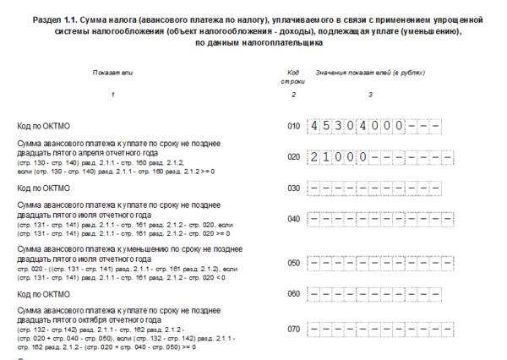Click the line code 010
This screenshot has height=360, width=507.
(294, 128)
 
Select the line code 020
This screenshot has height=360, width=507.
(294, 157)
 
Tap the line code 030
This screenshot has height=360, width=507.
(294, 188)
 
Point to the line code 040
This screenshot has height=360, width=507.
(294, 219)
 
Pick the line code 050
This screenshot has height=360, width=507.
(294, 263)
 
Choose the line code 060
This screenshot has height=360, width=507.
(294, 295)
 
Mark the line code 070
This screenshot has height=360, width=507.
(294, 327)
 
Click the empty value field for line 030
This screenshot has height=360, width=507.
(373, 188)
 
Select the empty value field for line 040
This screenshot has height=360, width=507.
(373, 219)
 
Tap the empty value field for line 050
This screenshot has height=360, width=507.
(373, 263)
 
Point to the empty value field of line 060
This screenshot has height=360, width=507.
(373, 295)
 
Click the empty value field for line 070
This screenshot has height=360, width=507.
(373, 327)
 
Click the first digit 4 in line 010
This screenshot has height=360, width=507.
(314, 127)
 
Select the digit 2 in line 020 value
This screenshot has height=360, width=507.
(314, 157)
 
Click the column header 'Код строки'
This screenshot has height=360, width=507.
(293, 79)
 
